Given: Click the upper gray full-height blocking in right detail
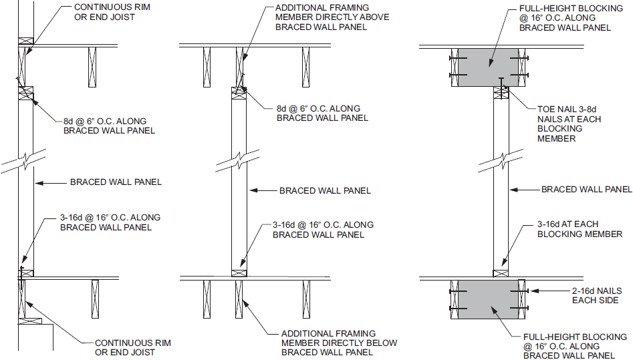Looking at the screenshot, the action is point(488,67).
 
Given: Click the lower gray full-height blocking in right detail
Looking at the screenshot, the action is point(488,299).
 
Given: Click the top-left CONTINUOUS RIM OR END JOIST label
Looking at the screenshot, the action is point(112,12).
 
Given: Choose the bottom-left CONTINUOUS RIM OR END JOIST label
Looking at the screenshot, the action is point(133,347).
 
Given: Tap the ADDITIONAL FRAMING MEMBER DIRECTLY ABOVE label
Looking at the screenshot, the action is point(332,17).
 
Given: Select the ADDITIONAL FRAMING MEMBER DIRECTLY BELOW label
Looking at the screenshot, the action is point(339,343).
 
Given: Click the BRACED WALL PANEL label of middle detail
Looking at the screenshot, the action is point(325,190).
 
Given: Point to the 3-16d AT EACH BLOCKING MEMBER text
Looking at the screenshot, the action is point(580,229).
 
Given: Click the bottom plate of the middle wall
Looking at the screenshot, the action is point(239,273).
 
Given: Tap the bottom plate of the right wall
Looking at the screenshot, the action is point(501,274).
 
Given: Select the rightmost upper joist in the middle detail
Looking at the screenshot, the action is point(305,67).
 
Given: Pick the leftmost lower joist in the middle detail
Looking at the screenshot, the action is point(207,299).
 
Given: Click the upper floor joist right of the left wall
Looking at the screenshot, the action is point(92,67).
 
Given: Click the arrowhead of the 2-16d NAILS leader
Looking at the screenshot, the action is point(534,291).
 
